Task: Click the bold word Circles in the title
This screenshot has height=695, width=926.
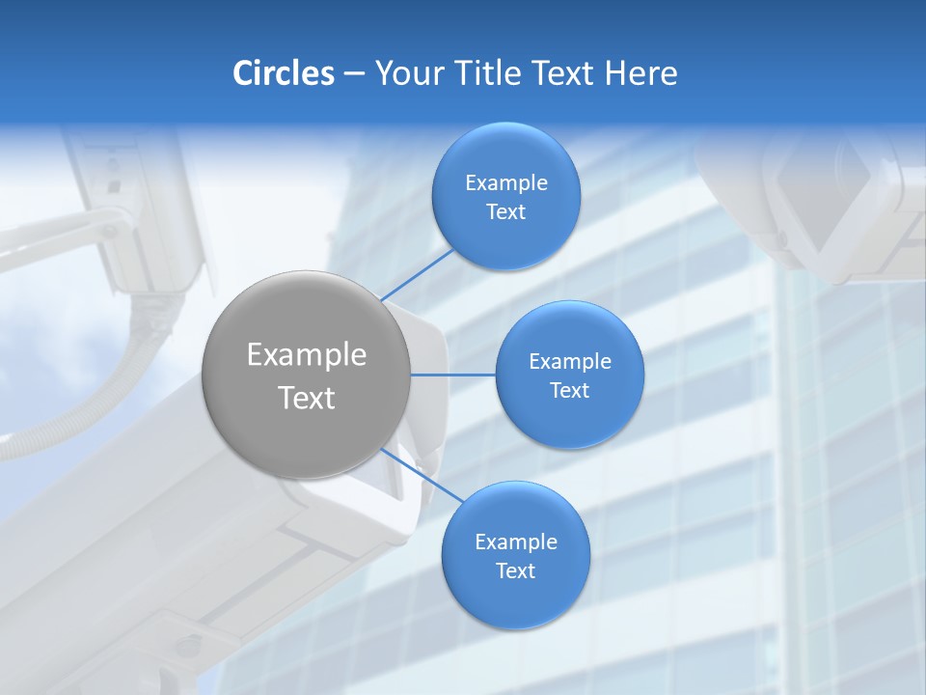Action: (x=283, y=73)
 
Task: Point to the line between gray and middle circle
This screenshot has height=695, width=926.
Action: (x=452, y=375)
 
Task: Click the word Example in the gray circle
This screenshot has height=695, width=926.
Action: (x=306, y=354)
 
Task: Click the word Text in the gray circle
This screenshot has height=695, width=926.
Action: (x=306, y=398)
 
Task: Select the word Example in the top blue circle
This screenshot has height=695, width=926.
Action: (x=505, y=182)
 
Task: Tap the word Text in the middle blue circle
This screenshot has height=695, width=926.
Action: (x=569, y=390)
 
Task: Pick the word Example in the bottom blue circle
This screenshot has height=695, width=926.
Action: (x=515, y=542)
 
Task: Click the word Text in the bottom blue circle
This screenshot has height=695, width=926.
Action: (x=515, y=570)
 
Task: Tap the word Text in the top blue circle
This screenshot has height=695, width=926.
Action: (x=505, y=211)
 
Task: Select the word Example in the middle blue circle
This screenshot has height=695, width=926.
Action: (x=569, y=361)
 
